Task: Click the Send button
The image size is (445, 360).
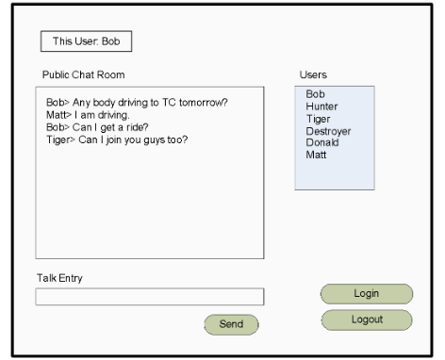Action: click(231, 324)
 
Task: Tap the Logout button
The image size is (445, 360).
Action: click(367, 319)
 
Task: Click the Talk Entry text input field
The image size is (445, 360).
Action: click(149, 298)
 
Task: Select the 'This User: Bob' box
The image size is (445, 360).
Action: click(86, 41)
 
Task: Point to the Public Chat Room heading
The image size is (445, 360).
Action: click(84, 74)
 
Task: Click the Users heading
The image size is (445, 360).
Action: click(312, 74)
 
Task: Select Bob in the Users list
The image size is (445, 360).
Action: click(315, 94)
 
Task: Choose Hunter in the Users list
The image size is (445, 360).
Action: click(321, 106)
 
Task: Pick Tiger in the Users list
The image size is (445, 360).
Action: click(318, 119)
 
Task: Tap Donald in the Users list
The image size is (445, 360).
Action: click(322, 142)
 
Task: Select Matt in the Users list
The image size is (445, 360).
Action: click(317, 155)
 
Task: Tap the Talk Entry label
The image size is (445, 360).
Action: click(62, 278)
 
